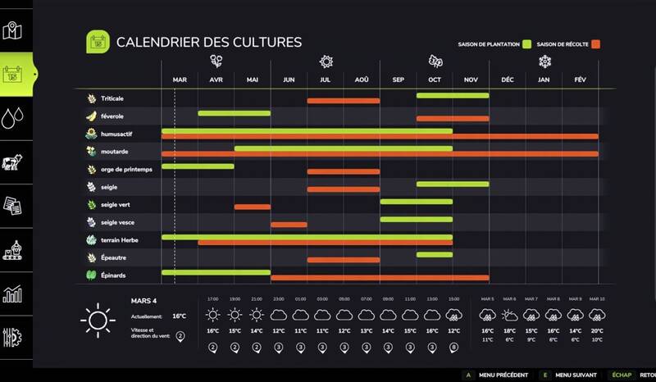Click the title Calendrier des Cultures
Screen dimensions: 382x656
coord(209,42)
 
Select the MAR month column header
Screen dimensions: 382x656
coord(180,80)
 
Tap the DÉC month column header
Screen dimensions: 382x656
coord(508,80)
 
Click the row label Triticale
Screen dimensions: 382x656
coord(112,98)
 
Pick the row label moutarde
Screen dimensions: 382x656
coord(115,152)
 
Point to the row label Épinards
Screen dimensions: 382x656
coord(114,275)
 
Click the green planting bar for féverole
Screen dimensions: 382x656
coord(234,112)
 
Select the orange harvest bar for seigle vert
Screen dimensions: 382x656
coord(252,207)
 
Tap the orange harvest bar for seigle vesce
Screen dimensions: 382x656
coord(289,224)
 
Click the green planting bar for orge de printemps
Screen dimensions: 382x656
coord(198,166)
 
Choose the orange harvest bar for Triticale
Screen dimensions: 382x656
coord(344,101)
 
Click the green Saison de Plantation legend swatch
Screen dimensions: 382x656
coord(528,43)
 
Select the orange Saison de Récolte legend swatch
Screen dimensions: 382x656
coord(597,43)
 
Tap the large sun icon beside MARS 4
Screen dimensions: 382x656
coord(97,318)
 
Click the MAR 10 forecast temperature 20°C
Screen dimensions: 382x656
coord(596,330)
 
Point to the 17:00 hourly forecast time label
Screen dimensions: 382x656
coord(212,298)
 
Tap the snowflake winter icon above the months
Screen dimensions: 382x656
coord(544,61)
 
